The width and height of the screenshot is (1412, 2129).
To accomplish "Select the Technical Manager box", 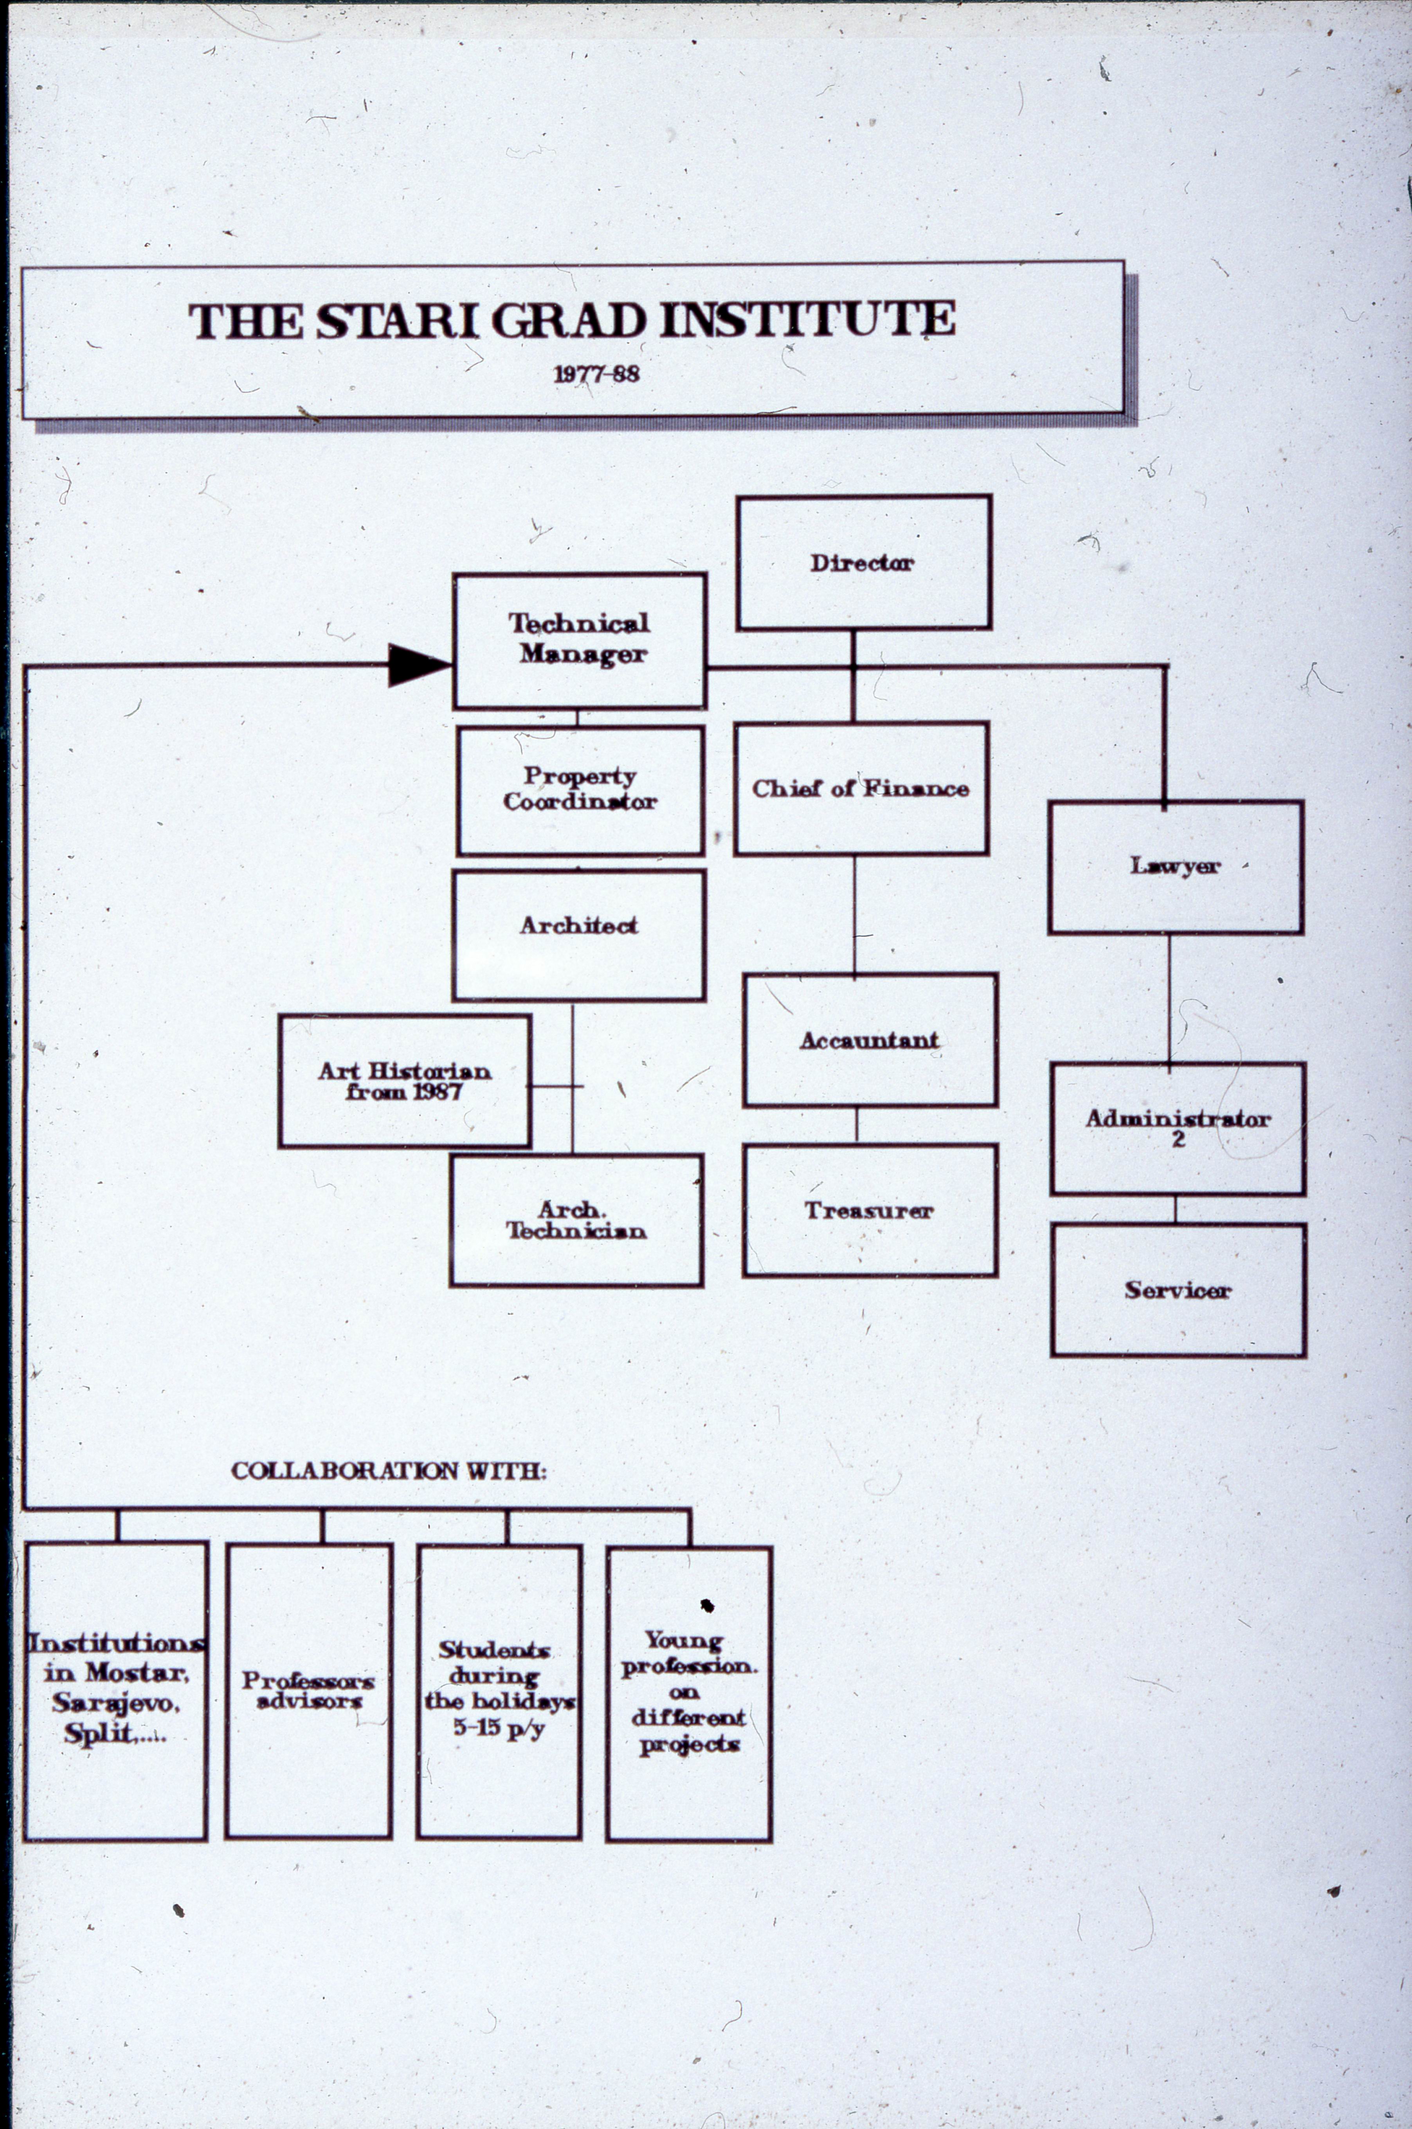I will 579,640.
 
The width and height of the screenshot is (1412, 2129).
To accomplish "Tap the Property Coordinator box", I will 580,790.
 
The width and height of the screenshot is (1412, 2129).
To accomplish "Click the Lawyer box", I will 1175,866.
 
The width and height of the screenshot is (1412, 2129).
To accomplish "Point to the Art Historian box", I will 404,1081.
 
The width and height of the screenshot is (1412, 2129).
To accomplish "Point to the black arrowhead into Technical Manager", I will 417,665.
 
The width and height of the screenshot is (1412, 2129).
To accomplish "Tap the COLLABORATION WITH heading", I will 388,1471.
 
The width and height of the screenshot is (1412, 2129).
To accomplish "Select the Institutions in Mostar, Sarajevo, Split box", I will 116,1691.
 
